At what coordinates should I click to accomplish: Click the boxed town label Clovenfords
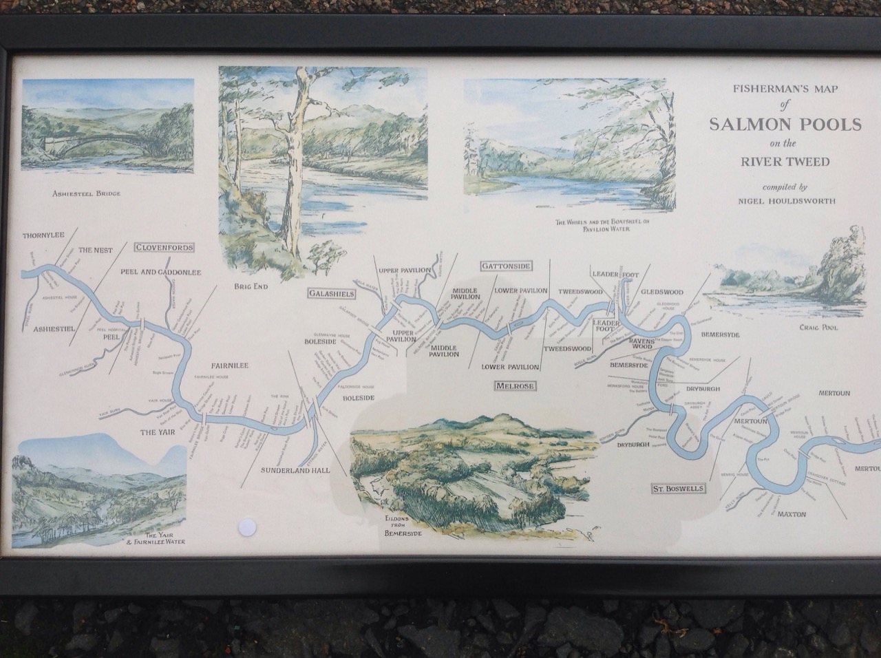click(164, 248)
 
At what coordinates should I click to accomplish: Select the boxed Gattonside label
click(506, 266)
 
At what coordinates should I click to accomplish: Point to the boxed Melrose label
click(515, 386)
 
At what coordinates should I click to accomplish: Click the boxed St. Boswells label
click(679, 489)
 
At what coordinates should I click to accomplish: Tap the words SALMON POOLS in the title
click(785, 125)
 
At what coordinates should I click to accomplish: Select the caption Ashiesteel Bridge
click(86, 193)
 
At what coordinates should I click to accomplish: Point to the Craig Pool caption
click(818, 328)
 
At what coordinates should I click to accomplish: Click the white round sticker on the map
click(246, 528)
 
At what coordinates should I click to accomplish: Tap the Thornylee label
click(43, 235)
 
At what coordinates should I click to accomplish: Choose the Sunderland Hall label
click(295, 471)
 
